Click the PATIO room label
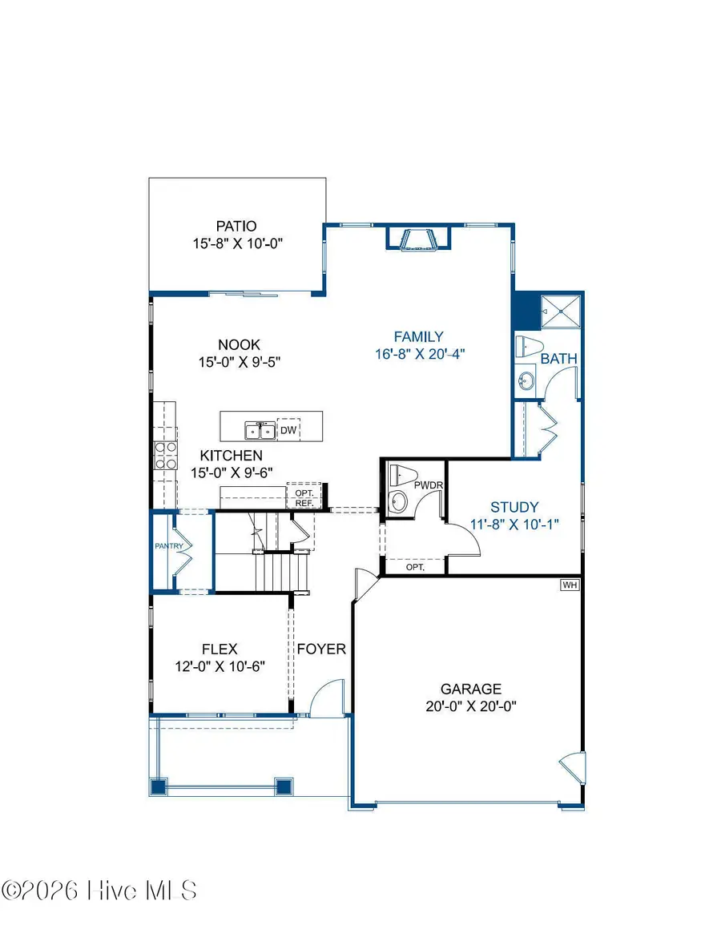(236, 227)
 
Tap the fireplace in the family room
(417, 239)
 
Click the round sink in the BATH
(526, 380)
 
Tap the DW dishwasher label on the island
(288, 431)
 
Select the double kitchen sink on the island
(260, 432)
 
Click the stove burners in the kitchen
(165, 456)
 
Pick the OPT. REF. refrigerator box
(304, 497)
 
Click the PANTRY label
(169, 547)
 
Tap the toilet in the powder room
(399, 477)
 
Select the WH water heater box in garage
(570, 585)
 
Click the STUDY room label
(514, 507)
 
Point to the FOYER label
(321, 649)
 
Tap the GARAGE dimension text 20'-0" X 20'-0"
(471, 706)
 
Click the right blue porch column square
(284, 786)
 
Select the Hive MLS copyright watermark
(99, 890)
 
